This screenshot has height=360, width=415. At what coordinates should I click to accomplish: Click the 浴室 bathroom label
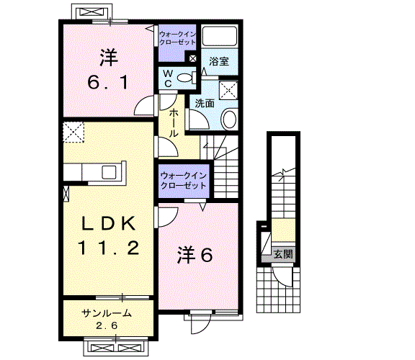[219, 61]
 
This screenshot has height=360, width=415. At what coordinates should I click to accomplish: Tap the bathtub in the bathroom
[220, 36]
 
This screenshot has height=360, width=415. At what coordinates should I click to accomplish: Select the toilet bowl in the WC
[184, 78]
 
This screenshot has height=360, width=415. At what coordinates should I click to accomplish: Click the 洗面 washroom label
[205, 104]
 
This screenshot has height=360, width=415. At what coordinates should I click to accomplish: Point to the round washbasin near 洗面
[229, 120]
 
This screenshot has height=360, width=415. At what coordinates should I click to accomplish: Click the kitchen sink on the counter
[109, 171]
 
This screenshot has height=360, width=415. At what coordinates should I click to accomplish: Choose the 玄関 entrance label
[283, 254]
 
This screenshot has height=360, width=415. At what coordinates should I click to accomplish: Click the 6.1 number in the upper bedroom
[108, 82]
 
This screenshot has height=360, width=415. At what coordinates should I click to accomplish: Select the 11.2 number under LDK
[109, 248]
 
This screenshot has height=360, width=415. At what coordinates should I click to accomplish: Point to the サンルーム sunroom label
[107, 313]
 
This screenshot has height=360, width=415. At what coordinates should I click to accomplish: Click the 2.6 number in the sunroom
[107, 325]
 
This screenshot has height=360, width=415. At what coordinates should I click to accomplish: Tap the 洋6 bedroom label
[195, 255]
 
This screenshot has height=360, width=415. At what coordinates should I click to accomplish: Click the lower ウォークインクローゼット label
[184, 181]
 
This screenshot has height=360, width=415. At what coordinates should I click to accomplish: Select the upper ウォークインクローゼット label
[177, 38]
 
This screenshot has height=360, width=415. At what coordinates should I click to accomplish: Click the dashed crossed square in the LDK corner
[73, 132]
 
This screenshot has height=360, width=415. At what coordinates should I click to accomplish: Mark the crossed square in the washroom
[228, 90]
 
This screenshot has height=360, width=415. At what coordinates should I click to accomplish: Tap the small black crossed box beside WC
[193, 58]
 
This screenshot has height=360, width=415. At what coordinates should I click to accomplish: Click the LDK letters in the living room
[109, 223]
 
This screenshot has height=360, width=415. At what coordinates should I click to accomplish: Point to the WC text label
[168, 78]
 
